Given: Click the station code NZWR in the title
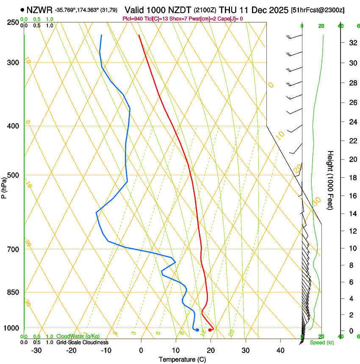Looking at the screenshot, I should coord(39,10).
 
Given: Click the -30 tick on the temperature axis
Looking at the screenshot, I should coord(36,350).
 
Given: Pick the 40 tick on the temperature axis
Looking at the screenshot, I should coord(280,350).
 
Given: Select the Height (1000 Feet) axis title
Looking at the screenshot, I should coord(331,180).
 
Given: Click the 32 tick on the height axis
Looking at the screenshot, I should coord(352,43).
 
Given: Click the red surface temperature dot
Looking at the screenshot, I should coord(210,330).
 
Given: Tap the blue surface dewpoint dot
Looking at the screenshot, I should coord(197,330).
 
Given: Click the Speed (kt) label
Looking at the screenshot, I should coord(321,342).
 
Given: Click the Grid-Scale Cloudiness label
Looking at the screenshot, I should coord(82,342).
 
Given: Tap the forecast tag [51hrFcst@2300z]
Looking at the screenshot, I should coord(318,10).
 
